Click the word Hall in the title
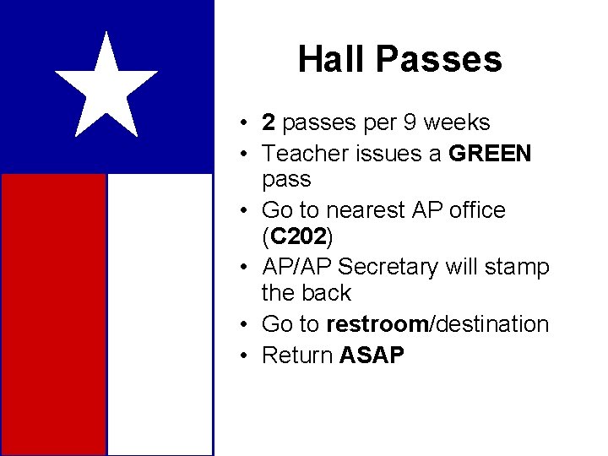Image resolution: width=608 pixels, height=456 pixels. (x=333, y=59)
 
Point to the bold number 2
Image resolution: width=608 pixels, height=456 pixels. (x=269, y=123)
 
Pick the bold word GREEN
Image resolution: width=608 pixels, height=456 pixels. (x=491, y=154)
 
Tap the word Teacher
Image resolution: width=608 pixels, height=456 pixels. (x=299, y=154)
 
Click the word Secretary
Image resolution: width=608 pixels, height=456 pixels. (x=388, y=268)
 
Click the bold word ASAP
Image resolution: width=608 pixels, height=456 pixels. (x=372, y=356)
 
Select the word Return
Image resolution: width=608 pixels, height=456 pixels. (x=298, y=356)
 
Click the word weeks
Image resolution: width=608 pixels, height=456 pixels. (x=456, y=123)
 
